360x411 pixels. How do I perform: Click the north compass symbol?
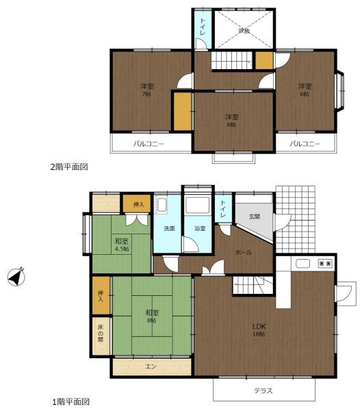[14, 278]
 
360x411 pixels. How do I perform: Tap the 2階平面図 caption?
[69, 166]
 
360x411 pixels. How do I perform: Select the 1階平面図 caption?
[70, 401]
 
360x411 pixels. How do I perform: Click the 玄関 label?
[254, 216]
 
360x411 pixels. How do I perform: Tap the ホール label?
[243, 252]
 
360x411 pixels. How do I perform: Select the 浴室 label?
[199, 228]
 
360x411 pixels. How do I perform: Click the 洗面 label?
[168, 228]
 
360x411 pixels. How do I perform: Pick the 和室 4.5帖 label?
[121, 245]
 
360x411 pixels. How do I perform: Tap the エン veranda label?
[151, 367]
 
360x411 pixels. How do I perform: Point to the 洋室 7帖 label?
[146, 90]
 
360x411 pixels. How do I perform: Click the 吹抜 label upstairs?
[244, 31]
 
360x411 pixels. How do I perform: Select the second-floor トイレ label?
[203, 27]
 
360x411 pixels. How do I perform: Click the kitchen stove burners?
[324, 263]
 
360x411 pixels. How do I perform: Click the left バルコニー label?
[148, 144]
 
